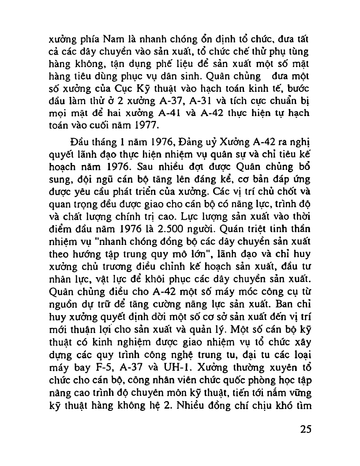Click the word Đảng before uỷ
[189, 144]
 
